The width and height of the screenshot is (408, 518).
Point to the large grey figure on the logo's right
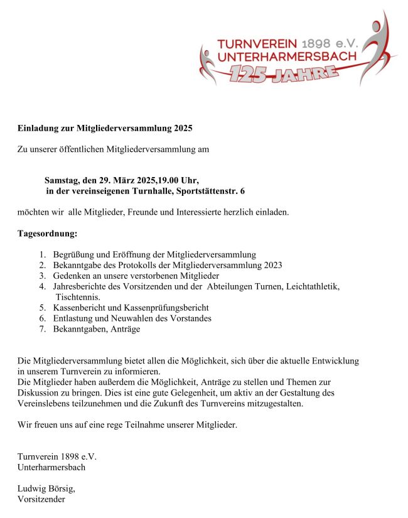point(375,50)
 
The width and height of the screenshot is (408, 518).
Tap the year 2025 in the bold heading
point(181,128)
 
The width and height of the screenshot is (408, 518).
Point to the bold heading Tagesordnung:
point(47,234)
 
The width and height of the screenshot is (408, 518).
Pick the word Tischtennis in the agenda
point(78,296)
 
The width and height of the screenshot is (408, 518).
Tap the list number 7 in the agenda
point(42,328)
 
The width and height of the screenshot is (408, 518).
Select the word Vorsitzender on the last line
point(41,500)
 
